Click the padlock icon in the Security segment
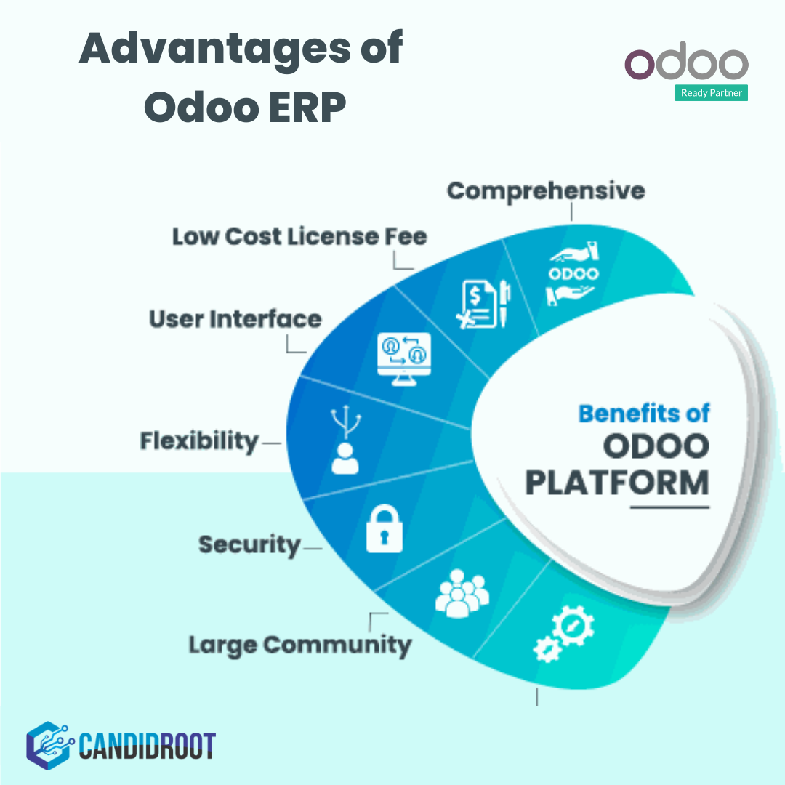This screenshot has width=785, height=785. click(385, 530)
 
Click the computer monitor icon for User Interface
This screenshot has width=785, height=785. click(405, 354)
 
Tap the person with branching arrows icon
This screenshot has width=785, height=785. click(345, 440)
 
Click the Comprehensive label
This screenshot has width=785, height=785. click(545, 190)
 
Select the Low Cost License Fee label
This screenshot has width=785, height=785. click(299, 236)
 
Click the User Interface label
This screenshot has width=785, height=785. click(235, 319)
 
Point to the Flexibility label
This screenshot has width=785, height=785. click(199, 440)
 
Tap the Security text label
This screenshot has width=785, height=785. click(249, 544)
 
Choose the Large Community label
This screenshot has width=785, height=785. click(299, 644)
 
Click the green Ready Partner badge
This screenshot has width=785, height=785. click(711, 93)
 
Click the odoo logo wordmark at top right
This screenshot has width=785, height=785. click(686, 65)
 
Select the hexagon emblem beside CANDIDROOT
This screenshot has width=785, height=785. click(48, 745)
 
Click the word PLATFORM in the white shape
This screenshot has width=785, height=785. click(616, 483)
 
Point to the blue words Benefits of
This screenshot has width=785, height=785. click(643, 413)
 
